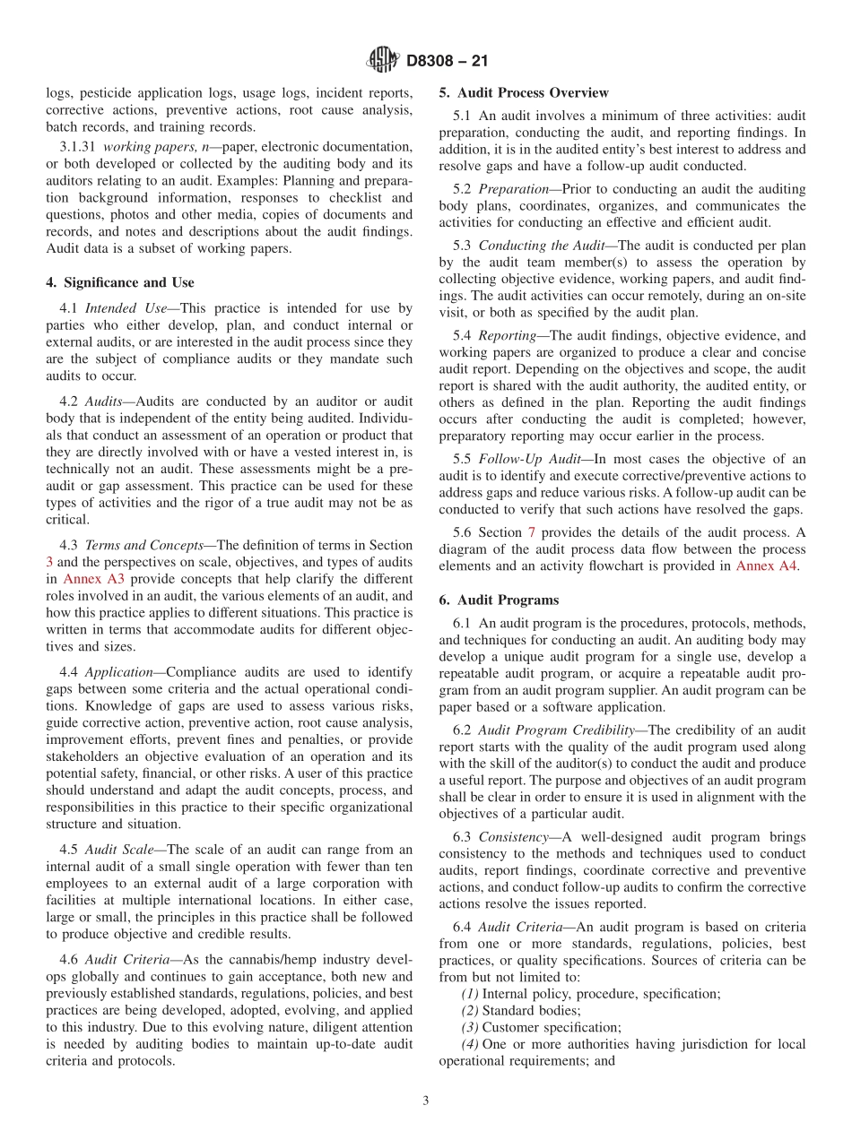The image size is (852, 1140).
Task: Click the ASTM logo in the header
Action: [x=383, y=61]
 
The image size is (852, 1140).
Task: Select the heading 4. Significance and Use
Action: [x=119, y=282]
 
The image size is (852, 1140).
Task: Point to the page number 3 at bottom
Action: [x=426, y=1101]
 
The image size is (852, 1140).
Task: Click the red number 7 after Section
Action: [x=530, y=532]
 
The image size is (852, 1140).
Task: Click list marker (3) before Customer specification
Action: [x=470, y=1027]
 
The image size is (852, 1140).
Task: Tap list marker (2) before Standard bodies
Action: [x=470, y=1010]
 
